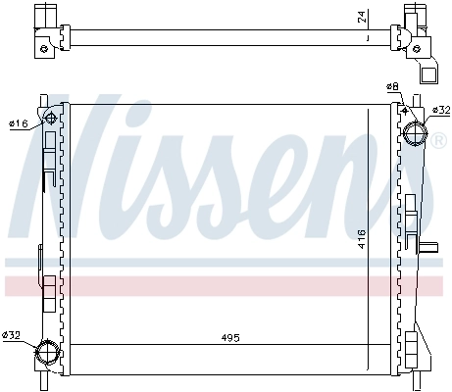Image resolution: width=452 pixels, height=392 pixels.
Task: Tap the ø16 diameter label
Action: pyautogui.click(x=17, y=122)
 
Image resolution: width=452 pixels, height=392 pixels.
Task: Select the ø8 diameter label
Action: pyautogui.click(x=391, y=87)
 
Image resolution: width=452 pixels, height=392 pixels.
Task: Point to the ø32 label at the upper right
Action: pyautogui.click(x=438, y=111)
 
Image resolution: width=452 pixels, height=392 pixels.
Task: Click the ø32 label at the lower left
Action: pyautogui.click(x=13, y=336)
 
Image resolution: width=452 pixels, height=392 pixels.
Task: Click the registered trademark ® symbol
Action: pyautogui.click(x=439, y=142)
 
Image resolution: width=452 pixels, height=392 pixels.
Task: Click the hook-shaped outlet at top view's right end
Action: pyautogui.click(x=425, y=69)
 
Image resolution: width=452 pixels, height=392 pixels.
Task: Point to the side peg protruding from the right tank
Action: pyautogui.click(x=428, y=246)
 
